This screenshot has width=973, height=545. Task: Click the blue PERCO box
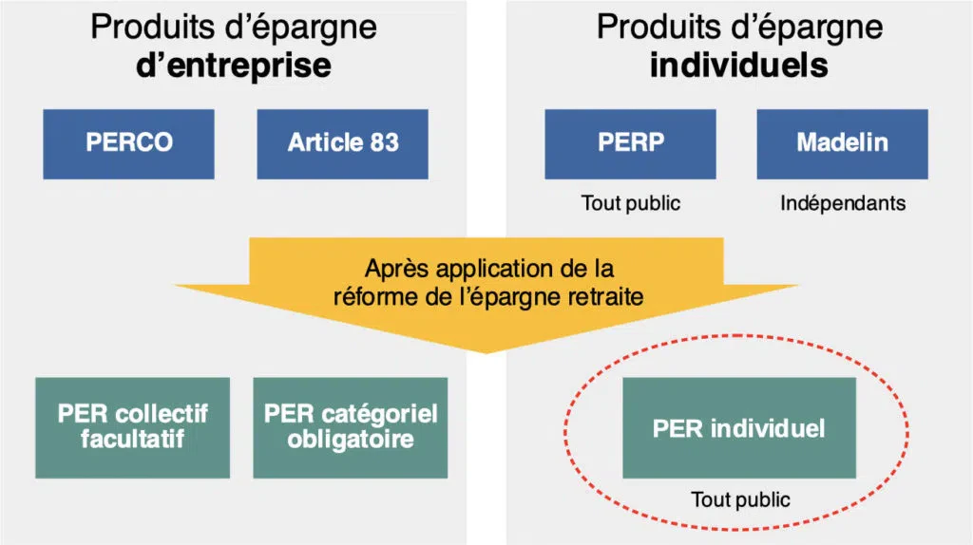129,143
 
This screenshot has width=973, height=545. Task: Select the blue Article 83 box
343,143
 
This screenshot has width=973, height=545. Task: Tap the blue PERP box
631,143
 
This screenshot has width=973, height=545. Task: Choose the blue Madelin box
842,143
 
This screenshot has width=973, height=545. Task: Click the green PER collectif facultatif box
132,427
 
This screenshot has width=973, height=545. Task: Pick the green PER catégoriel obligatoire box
351,427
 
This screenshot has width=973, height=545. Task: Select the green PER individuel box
738,427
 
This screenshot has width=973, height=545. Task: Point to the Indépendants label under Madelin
843,203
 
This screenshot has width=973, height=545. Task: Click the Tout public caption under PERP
631,203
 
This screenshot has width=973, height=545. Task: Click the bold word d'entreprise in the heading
234,66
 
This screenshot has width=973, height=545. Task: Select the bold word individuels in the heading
738,66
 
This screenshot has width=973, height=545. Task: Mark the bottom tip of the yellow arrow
486,352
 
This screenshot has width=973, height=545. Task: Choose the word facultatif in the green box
132,441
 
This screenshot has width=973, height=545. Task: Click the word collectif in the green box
162,414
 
